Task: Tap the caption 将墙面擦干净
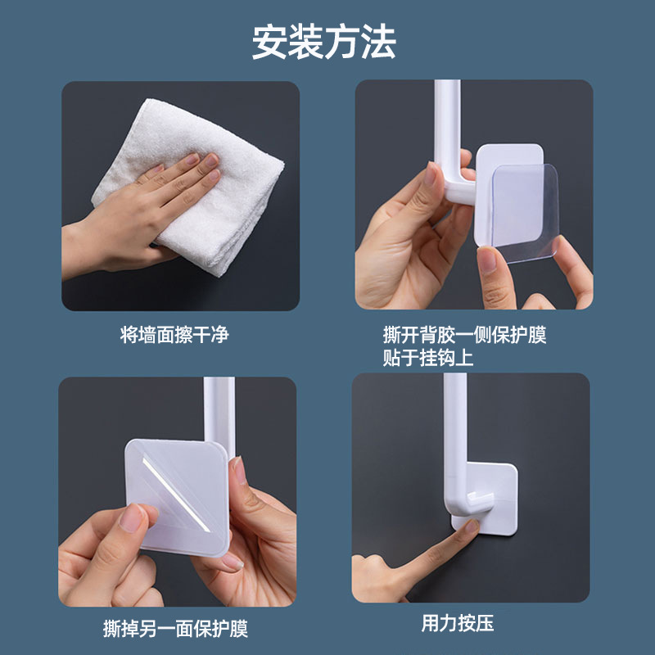[174, 336]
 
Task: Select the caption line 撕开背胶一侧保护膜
[464, 336]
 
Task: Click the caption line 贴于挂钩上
[428, 358]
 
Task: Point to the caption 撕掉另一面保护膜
[175, 629]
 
